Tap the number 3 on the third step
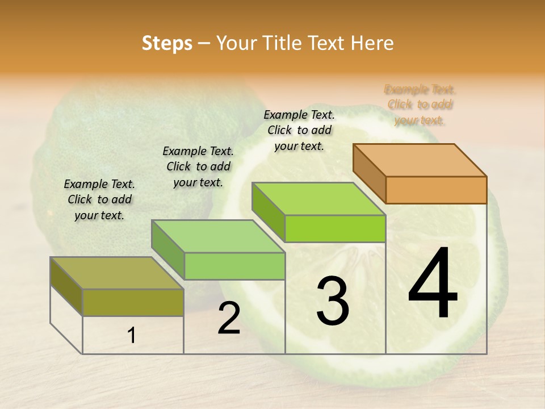coord(333,301)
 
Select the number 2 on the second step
coord(229,318)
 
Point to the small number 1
coord(132,336)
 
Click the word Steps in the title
coord(167,43)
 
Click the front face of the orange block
coord(436,190)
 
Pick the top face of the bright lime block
coord(318,198)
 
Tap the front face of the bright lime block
coord(335,228)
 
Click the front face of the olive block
coord(133,302)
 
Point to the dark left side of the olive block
coord(66,285)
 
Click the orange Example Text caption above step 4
coord(420,105)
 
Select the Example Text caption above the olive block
coord(99,199)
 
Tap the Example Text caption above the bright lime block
coord(299,130)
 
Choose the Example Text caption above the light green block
coord(198,166)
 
